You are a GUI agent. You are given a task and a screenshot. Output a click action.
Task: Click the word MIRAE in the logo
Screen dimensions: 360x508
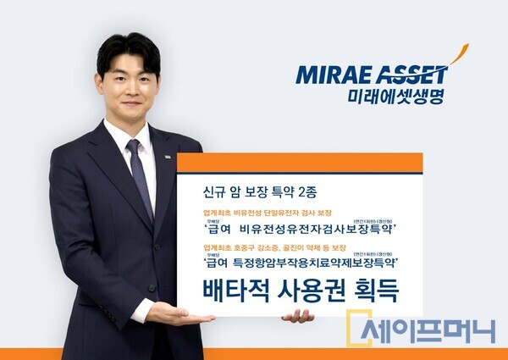329,75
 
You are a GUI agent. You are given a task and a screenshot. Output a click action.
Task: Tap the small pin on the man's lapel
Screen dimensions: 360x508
168,158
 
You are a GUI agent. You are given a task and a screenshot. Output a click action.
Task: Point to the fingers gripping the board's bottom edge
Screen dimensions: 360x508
298,316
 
